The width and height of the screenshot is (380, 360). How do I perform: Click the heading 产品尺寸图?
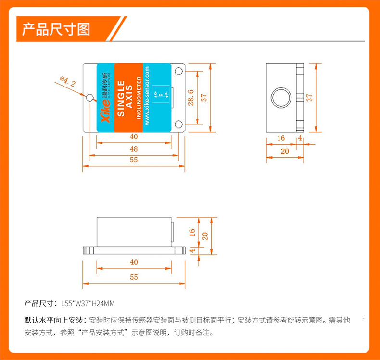click(56, 29)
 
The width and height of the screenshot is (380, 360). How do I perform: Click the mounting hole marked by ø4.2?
click(89, 98)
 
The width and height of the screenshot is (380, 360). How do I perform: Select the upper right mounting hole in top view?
click(179, 72)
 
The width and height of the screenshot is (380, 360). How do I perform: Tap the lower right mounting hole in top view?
click(179, 124)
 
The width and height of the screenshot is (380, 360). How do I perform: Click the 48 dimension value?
click(134, 149)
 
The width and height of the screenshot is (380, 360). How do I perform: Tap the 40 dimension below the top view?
click(134, 137)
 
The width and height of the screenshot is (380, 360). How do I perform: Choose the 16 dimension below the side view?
click(281, 138)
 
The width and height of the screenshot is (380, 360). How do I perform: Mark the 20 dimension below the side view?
click(285, 151)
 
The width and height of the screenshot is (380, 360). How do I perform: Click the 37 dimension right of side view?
click(310, 97)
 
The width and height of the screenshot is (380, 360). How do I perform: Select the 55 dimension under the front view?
click(134, 277)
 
